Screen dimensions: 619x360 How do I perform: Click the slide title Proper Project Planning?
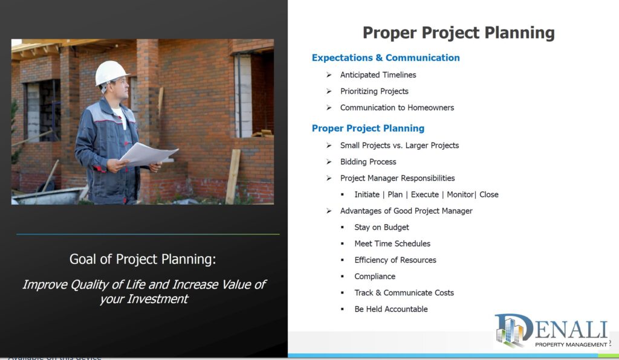pos(458,33)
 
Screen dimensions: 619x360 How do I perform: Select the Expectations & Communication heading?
pos(386,58)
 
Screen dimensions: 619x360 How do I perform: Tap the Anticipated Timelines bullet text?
pos(378,75)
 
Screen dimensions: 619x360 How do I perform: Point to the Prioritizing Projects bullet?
pos(374,91)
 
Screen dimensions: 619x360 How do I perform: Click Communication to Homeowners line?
pos(397,108)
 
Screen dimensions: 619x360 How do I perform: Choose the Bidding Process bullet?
pos(368,162)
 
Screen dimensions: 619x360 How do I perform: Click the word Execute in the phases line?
pos(425,194)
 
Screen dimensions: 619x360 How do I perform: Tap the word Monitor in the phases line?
pos(460,194)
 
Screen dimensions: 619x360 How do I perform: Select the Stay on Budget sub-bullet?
pos(382,228)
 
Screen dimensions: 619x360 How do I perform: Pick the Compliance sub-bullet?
pos(375,277)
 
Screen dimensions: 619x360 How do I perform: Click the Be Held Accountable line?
pos(391,309)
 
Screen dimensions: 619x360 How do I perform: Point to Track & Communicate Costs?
pos(404,292)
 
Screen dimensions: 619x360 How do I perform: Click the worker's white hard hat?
pos(111,73)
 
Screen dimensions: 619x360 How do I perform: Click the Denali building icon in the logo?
pos(510,331)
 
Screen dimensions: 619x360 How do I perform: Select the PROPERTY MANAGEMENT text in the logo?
pos(571,345)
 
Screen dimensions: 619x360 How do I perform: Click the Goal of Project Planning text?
pos(143,259)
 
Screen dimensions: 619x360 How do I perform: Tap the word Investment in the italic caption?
pos(157,299)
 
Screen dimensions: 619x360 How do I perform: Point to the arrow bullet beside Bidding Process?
pos(329,162)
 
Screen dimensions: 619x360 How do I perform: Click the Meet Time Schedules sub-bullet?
pos(392,243)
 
